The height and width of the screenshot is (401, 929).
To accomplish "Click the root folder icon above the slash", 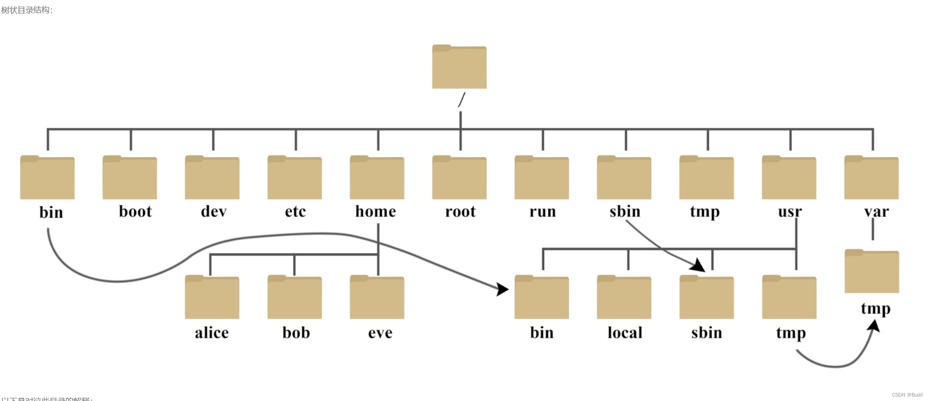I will click(459, 67).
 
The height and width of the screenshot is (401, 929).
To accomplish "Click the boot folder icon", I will click(130, 178).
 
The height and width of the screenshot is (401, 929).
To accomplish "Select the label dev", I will click(214, 211).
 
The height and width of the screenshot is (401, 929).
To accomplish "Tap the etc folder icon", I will click(295, 178).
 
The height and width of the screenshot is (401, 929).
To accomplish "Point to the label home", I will click(375, 211).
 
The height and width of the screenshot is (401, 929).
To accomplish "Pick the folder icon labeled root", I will click(459, 178).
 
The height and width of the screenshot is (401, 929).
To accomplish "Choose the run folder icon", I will click(542, 178).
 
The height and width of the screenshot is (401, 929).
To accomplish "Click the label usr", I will click(789, 211).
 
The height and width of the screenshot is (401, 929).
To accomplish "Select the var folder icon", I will click(871, 178).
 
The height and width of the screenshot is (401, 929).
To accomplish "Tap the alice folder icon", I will click(212, 297).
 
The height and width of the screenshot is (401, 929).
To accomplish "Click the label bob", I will click(296, 333).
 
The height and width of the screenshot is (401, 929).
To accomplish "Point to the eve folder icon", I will click(377, 297).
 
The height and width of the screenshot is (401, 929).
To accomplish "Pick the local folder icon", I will click(624, 297).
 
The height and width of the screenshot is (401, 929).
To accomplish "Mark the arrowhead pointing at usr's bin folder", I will click(502, 289).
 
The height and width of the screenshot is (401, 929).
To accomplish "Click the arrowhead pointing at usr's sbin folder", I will click(698, 265).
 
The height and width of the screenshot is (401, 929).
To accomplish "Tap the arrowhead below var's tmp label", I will click(874, 326).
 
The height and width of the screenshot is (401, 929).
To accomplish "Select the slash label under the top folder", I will click(462, 99).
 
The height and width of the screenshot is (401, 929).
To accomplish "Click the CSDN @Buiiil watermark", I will click(907, 395).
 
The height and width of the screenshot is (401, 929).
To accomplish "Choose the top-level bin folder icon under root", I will click(47, 178).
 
